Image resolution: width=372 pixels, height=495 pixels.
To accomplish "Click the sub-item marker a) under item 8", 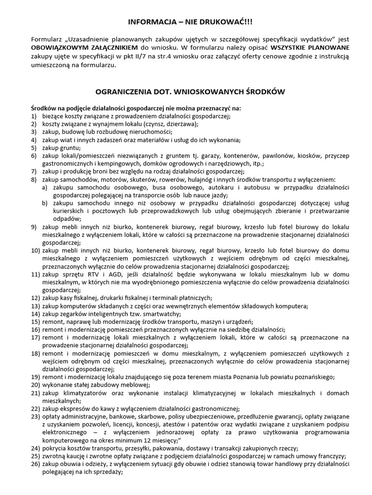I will click(x=45, y=187).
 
